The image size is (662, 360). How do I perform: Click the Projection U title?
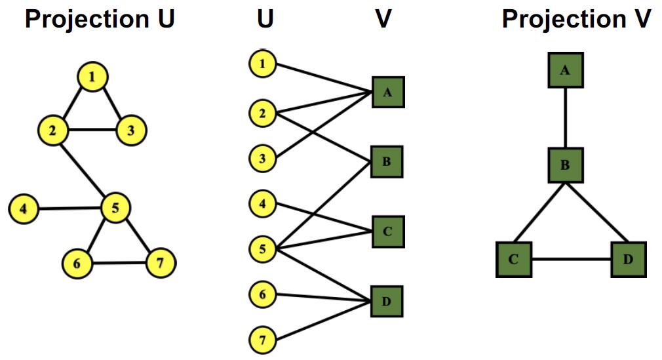[100, 19]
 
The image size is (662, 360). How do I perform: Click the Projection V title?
[576, 19]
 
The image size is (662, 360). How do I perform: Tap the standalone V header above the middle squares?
[383, 19]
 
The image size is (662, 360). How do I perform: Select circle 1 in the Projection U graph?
[93, 77]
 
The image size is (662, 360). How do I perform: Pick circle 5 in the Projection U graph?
[116, 209]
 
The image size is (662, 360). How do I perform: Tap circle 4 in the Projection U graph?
[24, 210]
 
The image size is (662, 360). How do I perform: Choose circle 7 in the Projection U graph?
[161, 264]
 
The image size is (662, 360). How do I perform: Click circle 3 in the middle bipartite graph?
[263, 159]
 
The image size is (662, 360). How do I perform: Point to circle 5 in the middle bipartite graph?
[263, 249]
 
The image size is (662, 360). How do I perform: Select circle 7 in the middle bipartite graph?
[263, 340]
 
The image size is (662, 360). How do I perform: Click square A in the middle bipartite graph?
[387, 92]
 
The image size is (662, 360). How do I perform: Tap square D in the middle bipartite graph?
[387, 302]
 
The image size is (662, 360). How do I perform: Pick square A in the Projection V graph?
[565, 71]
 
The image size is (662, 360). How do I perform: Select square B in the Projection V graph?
[565, 165]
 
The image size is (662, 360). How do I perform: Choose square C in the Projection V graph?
[513, 258]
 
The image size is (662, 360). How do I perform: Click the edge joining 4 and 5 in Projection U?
[69, 209]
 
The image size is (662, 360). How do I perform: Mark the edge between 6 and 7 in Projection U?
[118, 264]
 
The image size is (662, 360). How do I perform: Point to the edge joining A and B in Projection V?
[565, 118]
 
